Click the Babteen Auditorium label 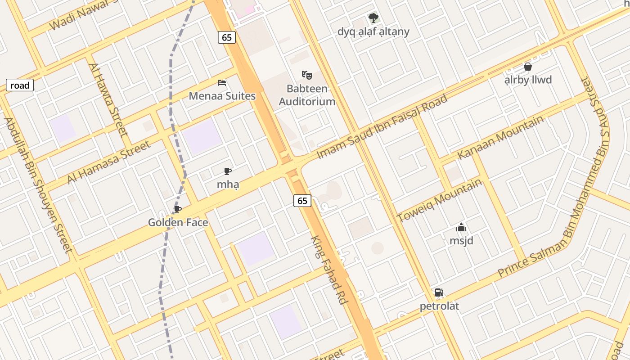(x=307, y=95)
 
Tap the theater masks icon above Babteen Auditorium (x=307, y=75)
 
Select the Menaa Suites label (x=222, y=96)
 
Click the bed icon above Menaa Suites (x=222, y=83)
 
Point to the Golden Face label (x=178, y=222)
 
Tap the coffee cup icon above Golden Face (x=178, y=209)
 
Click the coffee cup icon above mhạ (x=228, y=171)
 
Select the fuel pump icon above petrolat (x=439, y=292)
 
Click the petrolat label (x=439, y=306)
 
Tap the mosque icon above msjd (x=461, y=227)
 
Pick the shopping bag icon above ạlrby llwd (x=528, y=67)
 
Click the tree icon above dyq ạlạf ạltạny (x=373, y=18)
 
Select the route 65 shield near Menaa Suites (x=227, y=37)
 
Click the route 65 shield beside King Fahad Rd (x=302, y=201)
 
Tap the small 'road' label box (x=20, y=85)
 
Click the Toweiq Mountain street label (x=439, y=200)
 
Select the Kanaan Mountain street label (x=500, y=138)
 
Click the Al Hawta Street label (x=108, y=99)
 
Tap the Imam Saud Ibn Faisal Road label (x=382, y=126)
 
